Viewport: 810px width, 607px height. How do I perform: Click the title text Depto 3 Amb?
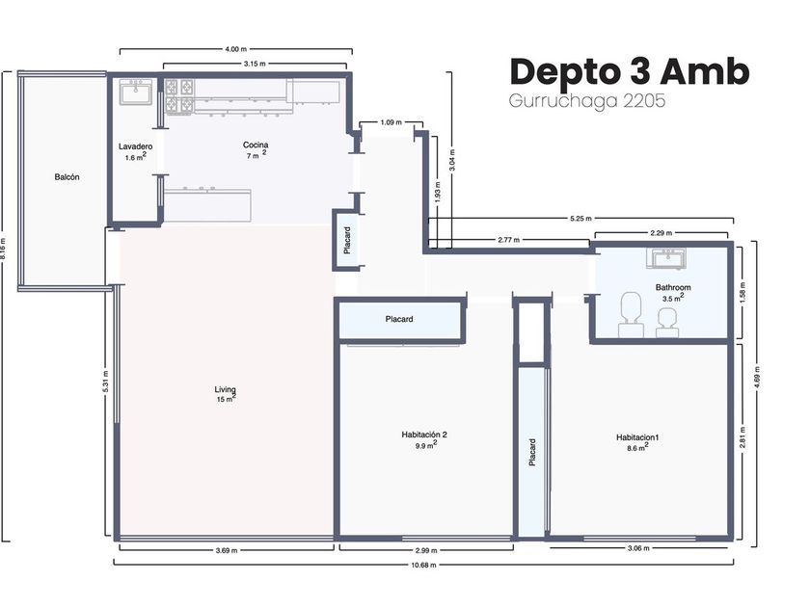(x=629, y=71)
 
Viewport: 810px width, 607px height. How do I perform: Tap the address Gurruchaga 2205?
(x=587, y=100)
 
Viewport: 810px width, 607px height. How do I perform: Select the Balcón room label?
(x=67, y=177)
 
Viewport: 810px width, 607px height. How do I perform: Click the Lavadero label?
(x=135, y=146)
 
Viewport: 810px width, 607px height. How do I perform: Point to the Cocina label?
(x=256, y=145)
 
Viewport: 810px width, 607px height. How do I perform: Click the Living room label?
(x=225, y=389)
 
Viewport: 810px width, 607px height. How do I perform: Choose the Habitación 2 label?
(x=424, y=435)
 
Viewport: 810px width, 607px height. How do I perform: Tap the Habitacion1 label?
(x=637, y=437)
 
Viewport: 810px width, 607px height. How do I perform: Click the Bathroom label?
(x=673, y=287)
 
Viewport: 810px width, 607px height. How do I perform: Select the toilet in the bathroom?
(x=631, y=314)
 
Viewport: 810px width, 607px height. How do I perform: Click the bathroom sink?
(x=666, y=258)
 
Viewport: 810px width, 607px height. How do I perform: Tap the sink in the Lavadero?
(x=136, y=92)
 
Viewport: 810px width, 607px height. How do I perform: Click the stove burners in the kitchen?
(x=179, y=96)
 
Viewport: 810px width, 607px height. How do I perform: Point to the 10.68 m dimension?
(x=423, y=565)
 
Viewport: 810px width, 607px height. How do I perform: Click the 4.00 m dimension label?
(x=235, y=49)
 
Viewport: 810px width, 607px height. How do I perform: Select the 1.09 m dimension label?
(x=391, y=122)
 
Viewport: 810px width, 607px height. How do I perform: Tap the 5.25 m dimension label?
(x=580, y=219)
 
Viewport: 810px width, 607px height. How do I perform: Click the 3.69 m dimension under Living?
(x=227, y=550)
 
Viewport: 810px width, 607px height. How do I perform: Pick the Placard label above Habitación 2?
(x=399, y=320)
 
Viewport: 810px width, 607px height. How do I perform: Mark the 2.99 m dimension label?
(x=426, y=550)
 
